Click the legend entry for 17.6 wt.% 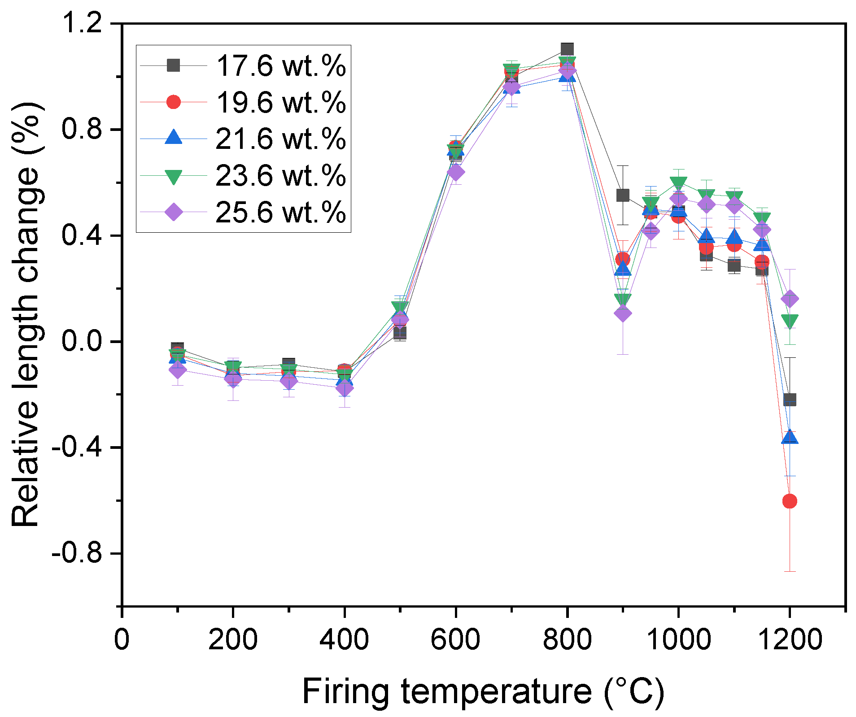coord(280,66)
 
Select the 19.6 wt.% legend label coord(280,103)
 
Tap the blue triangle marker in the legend coord(174,138)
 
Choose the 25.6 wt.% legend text coord(280,212)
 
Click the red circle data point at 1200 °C coord(790,501)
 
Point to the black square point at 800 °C coord(567,49)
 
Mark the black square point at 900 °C coord(623,195)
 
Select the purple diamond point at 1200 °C coord(790,299)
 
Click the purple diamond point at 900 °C coord(623,313)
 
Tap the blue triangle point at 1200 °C coord(790,437)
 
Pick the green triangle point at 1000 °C coord(678,183)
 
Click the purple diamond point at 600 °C coord(456,172)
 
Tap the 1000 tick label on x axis coord(678,639)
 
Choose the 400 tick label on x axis coord(344,639)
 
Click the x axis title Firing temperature coord(483,691)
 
